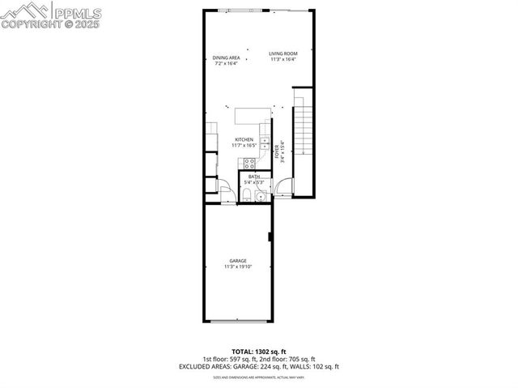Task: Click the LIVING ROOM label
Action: pos(283,54)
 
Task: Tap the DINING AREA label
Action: pos(226,58)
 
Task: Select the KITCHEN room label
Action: pos(244,139)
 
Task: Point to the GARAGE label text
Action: pos(238,261)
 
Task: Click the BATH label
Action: pos(254,177)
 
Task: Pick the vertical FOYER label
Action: pos(277,151)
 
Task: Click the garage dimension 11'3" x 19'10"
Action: pos(238,266)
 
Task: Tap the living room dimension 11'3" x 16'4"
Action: pos(283,60)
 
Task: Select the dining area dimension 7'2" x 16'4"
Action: pos(226,63)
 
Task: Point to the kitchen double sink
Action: pos(265,146)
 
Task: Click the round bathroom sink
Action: pos(261,195)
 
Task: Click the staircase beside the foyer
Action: pos(301,134)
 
